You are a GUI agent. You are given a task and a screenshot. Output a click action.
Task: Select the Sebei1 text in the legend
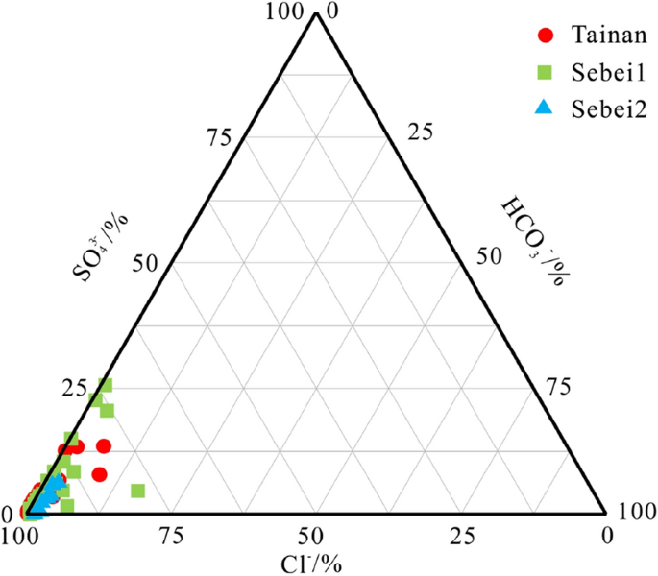601,72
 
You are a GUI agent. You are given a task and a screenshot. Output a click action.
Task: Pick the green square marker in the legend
545,72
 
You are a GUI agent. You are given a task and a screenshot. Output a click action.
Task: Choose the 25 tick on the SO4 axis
74,390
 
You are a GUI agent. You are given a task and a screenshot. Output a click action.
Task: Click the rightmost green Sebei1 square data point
137,491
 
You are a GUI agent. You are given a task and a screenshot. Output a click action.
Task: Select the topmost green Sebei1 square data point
106,385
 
